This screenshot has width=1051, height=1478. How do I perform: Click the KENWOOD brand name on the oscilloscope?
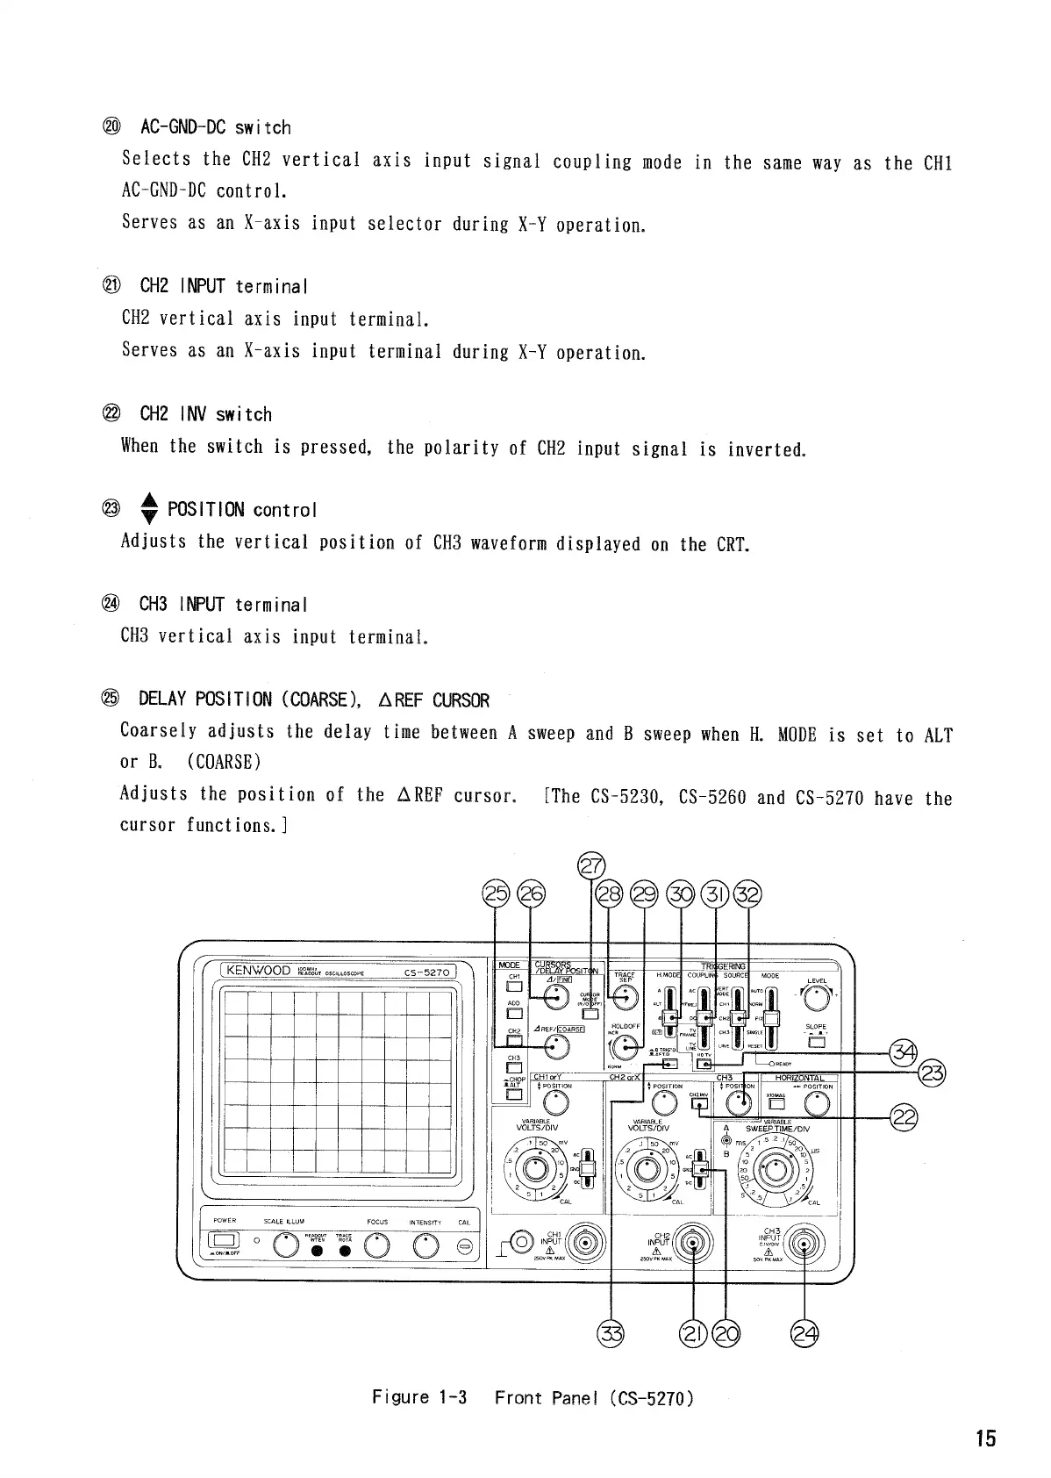click(x=258, y=970)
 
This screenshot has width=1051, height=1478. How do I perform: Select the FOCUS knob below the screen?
click(x=377, y=1245)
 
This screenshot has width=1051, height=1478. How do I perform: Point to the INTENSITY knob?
click(x=426, y=1245)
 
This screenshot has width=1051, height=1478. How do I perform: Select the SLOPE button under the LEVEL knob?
click(x=816, y=1043)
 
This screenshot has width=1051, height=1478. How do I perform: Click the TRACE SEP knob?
click(x=625, y=995)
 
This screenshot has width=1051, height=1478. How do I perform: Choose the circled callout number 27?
click(x=591, y=866)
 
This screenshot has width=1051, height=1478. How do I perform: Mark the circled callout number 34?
click(x=904, y=1052)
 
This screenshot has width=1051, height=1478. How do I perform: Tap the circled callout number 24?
click(x=804, y=1335)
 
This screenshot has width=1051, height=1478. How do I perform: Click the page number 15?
click(x=985, y=1439)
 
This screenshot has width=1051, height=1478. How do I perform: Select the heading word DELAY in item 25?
click(x=162, y=700)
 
